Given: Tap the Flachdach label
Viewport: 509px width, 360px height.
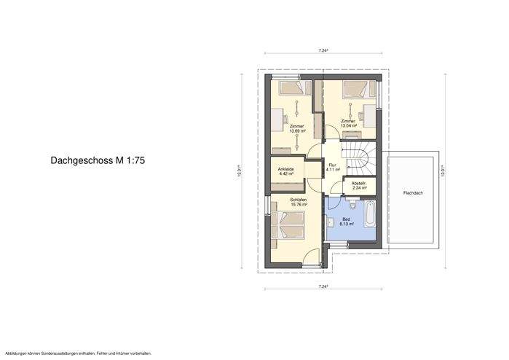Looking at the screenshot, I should click(x=413, y=194).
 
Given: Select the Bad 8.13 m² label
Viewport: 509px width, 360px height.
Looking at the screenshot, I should click(x=347, y=222).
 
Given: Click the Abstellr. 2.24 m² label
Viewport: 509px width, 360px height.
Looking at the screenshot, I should click(x=358, y=185).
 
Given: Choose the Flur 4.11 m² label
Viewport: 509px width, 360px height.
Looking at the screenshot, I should click(x=332, y=168).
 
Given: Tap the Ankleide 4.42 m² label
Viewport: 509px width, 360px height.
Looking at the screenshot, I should click(x=286, y=173).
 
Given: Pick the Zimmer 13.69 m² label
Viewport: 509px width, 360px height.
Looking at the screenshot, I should click(x=296, y=128).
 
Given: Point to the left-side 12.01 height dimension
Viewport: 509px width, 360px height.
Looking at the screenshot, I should click(x=239, y=172).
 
